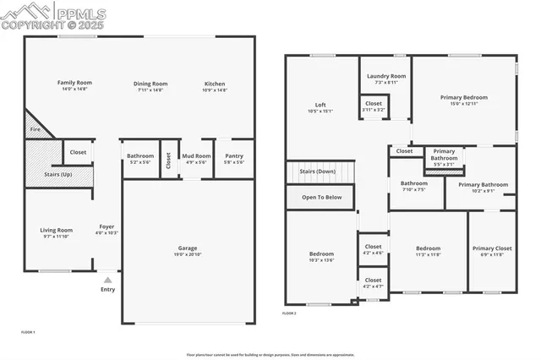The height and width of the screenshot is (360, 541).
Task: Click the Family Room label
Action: pyautogui.click(x=74, y=83)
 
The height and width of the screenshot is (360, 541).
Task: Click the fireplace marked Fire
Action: pyautogui.click(x=36, y=129)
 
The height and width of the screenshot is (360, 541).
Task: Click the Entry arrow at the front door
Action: pyautogui.click(x=107, y=279)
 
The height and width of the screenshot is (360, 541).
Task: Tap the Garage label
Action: pyautogui.click(x=188, y=248)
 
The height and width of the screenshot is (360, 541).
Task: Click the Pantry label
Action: pyautogui.click(x=234, y=156)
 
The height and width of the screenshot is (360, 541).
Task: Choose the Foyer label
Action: pyautogui.click(x=107, y=226)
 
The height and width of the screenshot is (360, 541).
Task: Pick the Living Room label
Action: pyautogui.click(x=57, y=230)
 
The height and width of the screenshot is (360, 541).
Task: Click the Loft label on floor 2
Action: pyautogui.click(x=320, y=105)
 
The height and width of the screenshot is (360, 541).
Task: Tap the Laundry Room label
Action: pyautogui.click(x=385, y=76)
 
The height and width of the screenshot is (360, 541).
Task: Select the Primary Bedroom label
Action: pyautogui.click(x=463, y=97)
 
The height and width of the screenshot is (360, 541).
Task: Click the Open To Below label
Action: pyautogui.click(x=320, y=197)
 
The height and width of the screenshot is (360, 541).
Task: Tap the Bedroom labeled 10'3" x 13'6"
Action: pyautogui.click(x=320, y=254)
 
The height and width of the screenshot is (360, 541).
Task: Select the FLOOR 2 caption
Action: pyautogui.click(x=289, y=313)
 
